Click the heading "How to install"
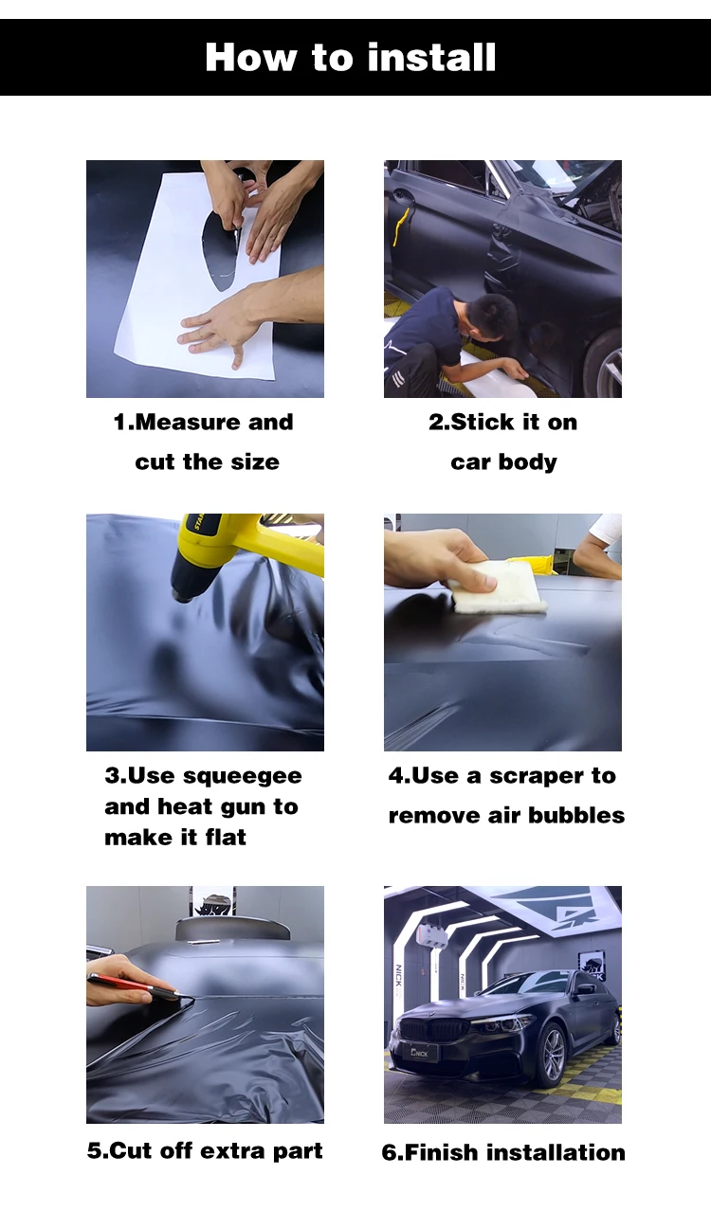(x=351, y=57)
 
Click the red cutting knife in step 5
(x=132, y=985)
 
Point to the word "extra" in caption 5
(x=237, y=1151)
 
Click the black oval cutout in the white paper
(x=222, y=248)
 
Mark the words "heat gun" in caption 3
(x=212, y=807)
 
